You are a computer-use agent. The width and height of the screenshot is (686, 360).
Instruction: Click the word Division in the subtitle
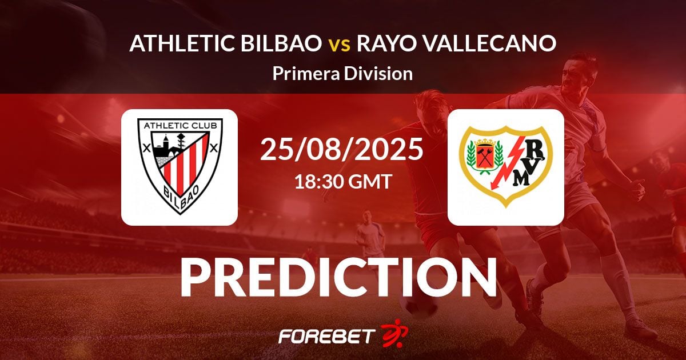(381, 73)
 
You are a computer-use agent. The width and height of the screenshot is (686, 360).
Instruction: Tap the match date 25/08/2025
(342, 150)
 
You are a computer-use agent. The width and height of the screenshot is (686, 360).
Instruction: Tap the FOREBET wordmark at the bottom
(326, 335)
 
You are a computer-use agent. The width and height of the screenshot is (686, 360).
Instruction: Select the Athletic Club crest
(180, 166)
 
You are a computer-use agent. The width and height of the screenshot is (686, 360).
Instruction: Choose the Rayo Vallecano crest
(506, 166)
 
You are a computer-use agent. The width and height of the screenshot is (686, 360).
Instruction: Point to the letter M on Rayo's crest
(521, 179)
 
